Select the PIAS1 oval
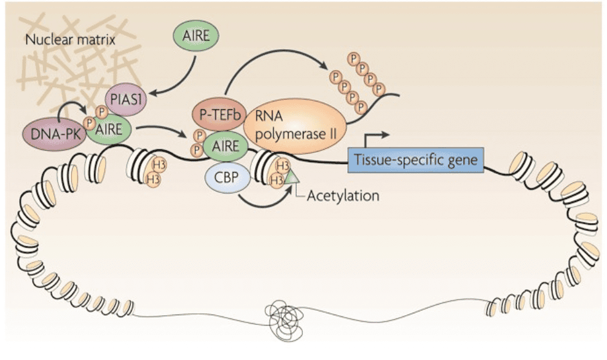(x=123, y=98)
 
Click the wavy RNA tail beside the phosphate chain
(x=384, y=98)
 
